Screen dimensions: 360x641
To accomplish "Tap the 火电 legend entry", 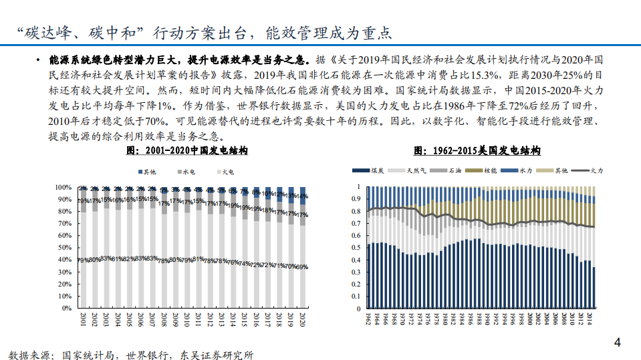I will point(225,172).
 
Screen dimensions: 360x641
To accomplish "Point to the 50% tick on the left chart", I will point(64,248).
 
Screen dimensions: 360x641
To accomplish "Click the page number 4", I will point(618,343).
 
